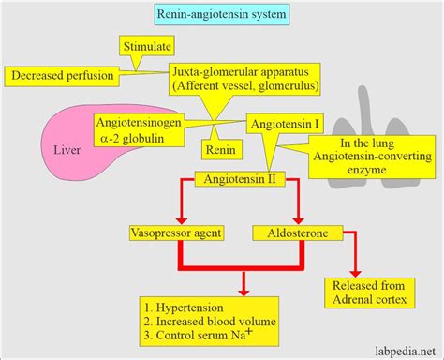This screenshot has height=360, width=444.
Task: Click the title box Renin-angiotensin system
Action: click(x=221, y=14)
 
